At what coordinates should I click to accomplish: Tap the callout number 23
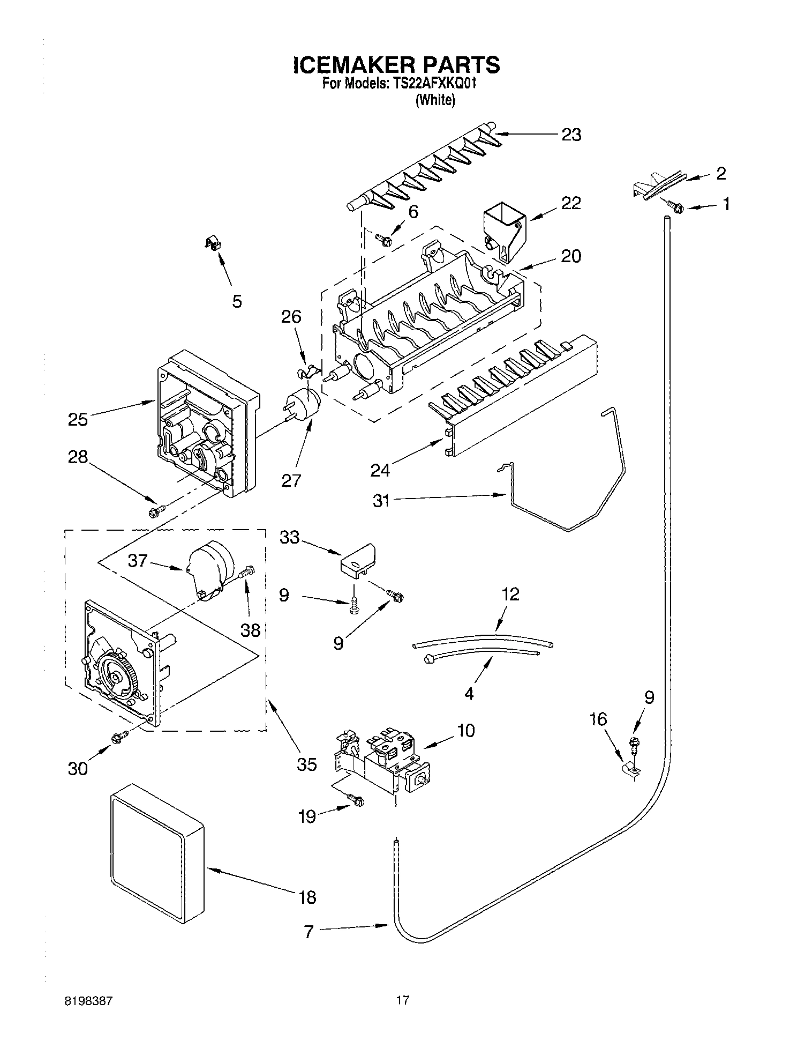coord(571,135)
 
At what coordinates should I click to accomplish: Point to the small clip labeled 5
coord(213,244)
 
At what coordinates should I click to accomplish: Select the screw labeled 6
coord(384,239)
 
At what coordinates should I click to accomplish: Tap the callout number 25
coord(78,419)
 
